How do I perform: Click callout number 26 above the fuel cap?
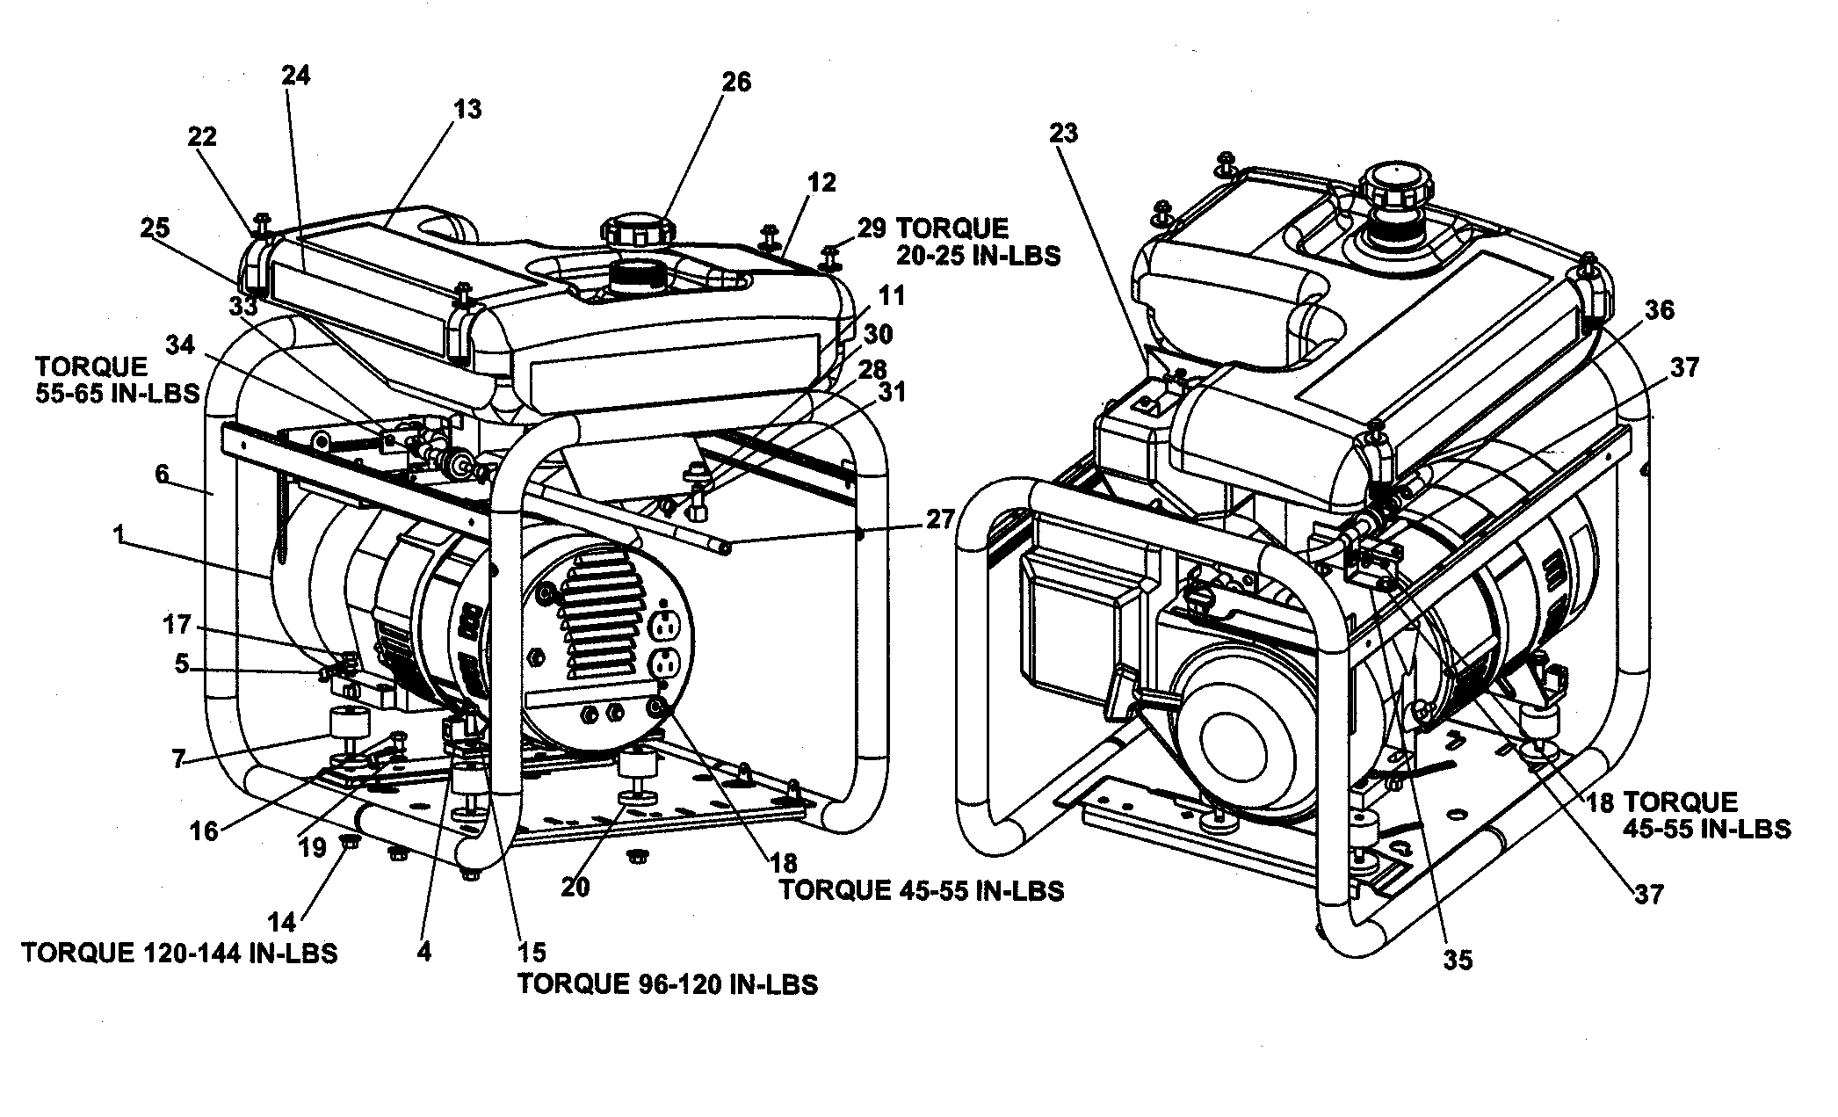[x=736, y=82]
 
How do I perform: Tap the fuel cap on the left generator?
[x=637, y=232]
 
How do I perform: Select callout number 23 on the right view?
[x=1063, y=133]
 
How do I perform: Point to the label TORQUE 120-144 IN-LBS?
[x=180, y=953]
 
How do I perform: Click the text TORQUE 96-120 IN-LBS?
[x=668, y=984]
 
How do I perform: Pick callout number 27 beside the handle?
[x=940, y=519]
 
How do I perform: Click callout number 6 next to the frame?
[x=162, y=474]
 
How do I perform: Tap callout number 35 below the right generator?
[x=1457, y=961]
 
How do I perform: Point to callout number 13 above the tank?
[x=467, y=109]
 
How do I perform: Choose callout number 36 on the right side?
[x=1660, y=309]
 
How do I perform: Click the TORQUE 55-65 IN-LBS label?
[x=118, y=379]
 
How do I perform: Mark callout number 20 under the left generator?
[x=575, y=887]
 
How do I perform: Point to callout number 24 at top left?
[x=296, y=76]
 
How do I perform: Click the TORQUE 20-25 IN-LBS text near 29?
[x=977, y=242]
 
